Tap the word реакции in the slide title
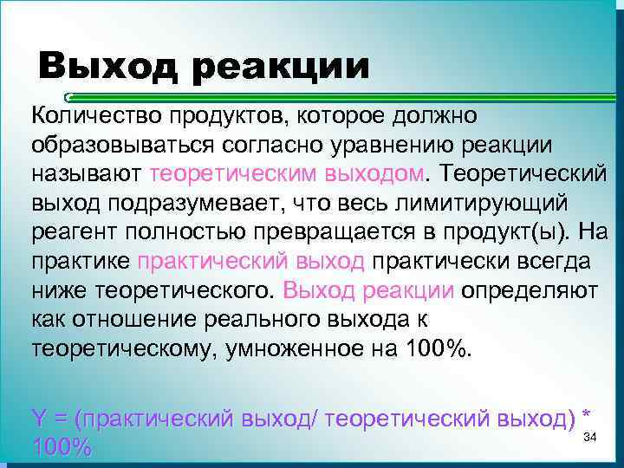pyautogui.click(x=281, y=67)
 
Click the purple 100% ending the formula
pyautogui.click(x=61, y=447)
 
